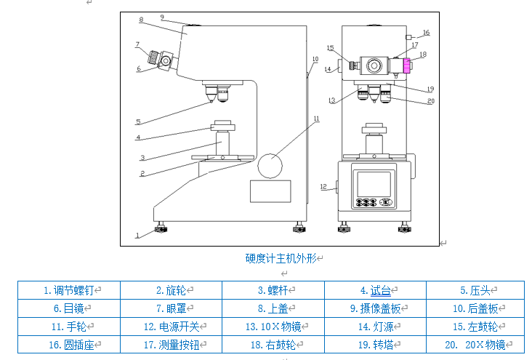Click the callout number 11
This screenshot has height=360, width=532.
click(316, 118)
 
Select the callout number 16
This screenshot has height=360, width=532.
click(426, 33)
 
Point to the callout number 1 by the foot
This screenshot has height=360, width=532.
click(136, 235)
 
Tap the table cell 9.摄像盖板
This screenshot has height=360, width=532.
click(375, 308)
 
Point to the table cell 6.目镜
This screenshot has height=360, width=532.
click(69, 308)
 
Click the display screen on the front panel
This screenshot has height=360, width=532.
click(372, 181)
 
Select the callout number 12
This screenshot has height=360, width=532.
click(323, 187)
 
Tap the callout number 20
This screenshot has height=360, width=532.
click(430, 101)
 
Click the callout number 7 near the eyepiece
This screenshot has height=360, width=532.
click(137, 44)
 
